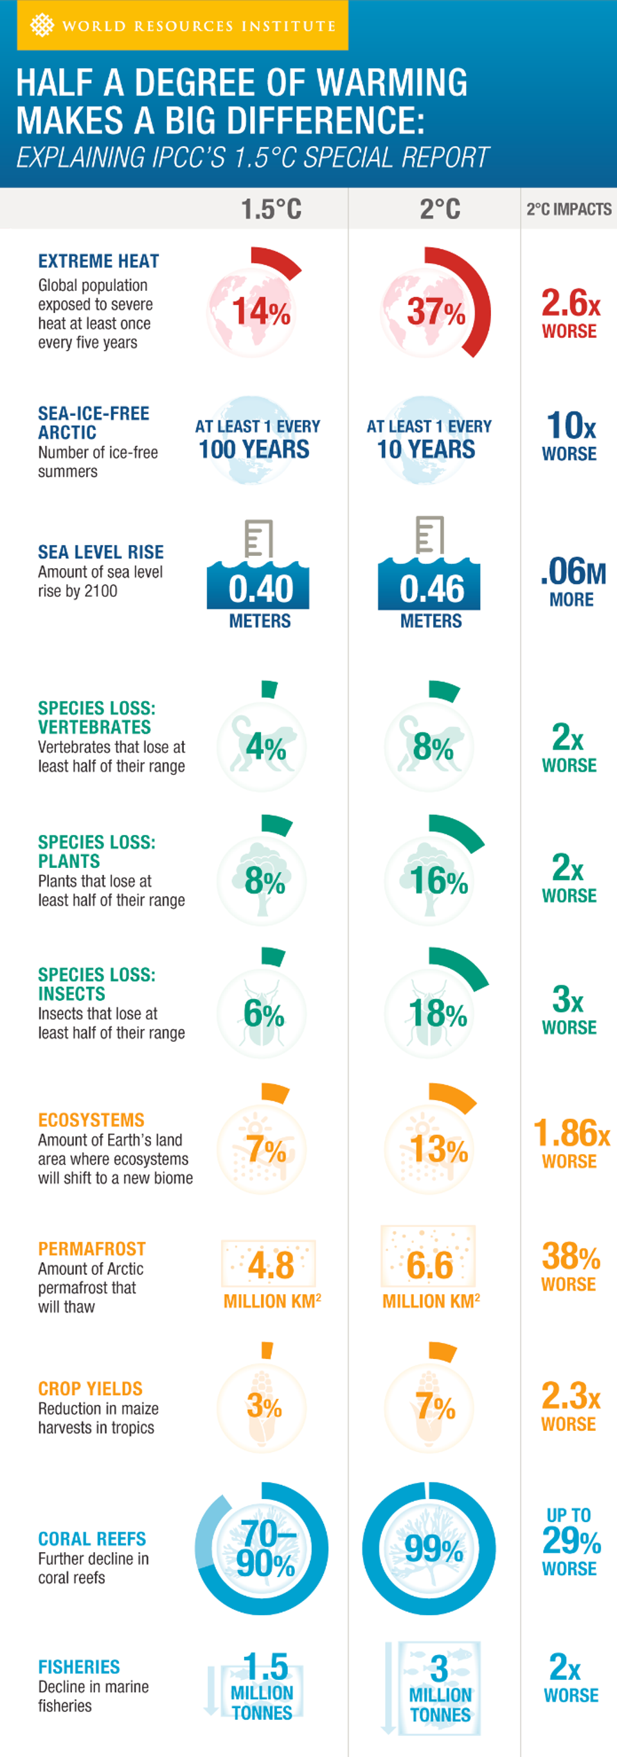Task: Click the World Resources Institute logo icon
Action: point(42,25)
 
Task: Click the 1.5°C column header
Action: point(271,209)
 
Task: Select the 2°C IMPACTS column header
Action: point(569,209)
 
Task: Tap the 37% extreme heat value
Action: point(436,312)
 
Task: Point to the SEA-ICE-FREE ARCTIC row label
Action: point(93,423)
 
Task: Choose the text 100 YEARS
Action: point(254,449)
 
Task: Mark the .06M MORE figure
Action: point(572,580)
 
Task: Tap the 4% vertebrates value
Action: point(265,747)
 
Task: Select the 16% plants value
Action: point(438,881)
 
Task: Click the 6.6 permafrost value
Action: point(429,1265)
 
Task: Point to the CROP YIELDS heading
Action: point(90,1388)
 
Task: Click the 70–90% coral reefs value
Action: point(265,1548)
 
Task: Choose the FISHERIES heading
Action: point(79,1667)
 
